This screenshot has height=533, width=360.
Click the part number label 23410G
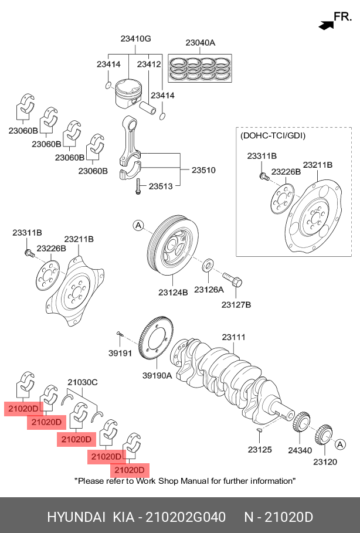pos(135,39)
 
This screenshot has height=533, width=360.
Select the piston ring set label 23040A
pos(200,43)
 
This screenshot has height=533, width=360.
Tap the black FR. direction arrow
pos(326,25)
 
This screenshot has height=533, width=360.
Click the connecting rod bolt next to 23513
pos(138,186)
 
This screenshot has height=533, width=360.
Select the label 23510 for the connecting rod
pos(203,170)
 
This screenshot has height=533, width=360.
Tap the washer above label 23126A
pos(208,265)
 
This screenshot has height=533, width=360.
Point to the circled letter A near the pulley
pos(138,225)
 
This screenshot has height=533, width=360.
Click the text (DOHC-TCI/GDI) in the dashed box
pos(273,135)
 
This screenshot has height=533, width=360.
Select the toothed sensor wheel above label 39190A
pos(157,338)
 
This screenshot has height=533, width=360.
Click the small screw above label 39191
pos(120,334)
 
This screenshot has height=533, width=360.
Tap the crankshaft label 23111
pos(233,337)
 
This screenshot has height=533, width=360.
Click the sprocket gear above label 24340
pos(301,422)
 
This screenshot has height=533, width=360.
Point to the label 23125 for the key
pos(260,450)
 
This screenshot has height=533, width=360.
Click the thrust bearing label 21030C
pos(82,382)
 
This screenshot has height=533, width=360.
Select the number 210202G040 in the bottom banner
pos(185,517)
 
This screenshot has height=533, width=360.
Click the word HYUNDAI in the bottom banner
pos(76,517)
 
